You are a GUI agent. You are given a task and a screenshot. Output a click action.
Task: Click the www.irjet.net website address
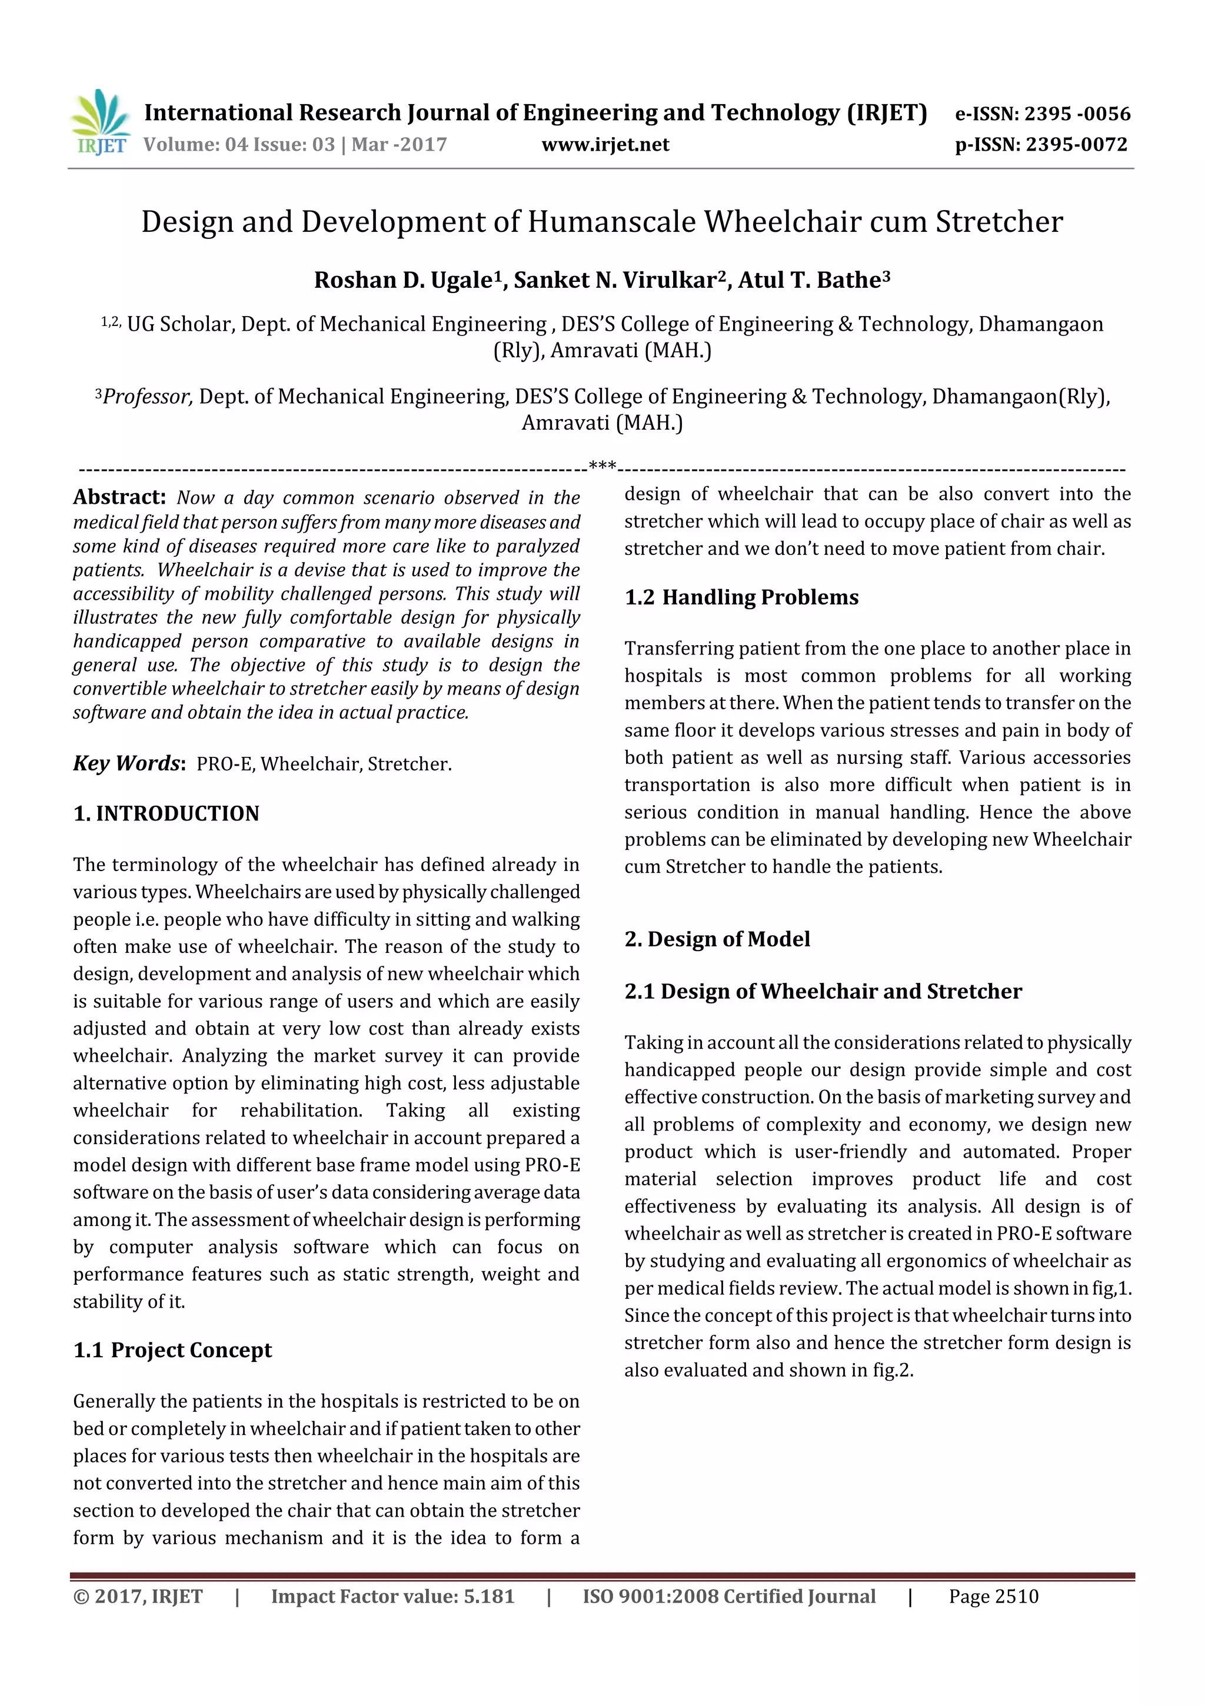[605, 145]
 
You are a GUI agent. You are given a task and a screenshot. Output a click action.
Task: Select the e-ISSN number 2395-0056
[1077, 114]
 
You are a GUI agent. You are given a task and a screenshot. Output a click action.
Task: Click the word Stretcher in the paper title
[998, 222]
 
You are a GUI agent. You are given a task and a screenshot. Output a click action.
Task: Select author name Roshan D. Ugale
[402, 280]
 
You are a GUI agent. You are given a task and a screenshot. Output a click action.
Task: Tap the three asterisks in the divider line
[602, 466]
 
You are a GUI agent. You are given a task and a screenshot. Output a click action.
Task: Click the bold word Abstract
[119, 497]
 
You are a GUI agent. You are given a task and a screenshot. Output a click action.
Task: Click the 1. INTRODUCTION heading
[167, 813]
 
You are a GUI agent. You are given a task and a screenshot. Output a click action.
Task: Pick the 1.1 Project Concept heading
[173, 1350]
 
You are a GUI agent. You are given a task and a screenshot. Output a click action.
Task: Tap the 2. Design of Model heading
[717, 939]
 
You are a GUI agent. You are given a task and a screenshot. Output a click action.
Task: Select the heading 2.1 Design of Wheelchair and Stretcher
[823, 991]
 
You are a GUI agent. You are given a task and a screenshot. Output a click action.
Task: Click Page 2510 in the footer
[993, 1597]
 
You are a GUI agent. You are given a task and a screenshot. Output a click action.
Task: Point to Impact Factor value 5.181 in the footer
[392, 1597]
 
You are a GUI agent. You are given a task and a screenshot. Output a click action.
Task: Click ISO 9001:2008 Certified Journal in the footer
[728, 1597]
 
